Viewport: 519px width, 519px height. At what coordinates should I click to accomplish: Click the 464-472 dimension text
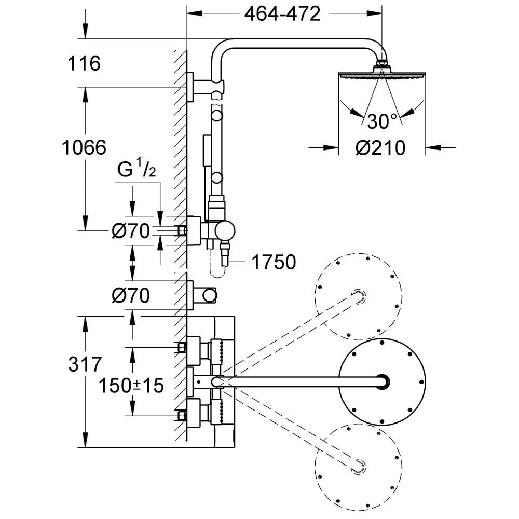coord(282,15)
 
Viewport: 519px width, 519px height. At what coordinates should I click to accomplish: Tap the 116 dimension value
coord(84,64)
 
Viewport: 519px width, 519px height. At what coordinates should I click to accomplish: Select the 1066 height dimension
coord(84,147)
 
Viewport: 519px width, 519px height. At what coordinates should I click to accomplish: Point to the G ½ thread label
coord(136,170)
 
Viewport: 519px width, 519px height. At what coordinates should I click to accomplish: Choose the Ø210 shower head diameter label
coord(380,148)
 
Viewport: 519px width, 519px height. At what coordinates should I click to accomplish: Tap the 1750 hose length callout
coord(274,263)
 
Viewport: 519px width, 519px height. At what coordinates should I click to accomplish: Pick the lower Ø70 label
coord(131,296)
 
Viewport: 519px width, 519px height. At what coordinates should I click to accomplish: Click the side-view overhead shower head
coord(382,76)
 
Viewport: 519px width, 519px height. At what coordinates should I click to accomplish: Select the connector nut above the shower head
coord(382,65)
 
